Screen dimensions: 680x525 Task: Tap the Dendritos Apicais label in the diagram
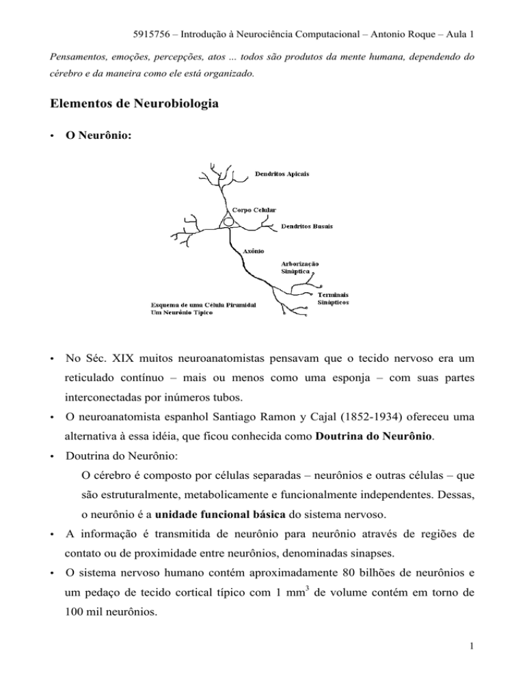click(x=282, y=174)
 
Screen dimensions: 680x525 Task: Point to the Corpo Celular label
click(x=255, y=210)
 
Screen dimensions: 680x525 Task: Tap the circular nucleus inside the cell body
click(x=230, y=221)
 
